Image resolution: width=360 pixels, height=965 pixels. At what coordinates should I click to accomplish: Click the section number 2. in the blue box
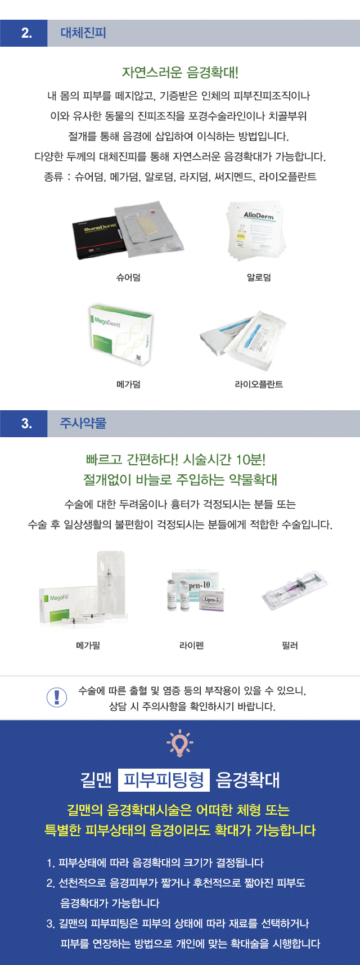tap(26, 33)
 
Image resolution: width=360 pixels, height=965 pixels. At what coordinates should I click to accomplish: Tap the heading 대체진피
tap(83, 33)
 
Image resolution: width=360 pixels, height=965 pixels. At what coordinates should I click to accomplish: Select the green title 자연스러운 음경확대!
tap(180, 73)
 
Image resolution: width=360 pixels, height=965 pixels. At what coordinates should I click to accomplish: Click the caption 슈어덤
tap(128, 277)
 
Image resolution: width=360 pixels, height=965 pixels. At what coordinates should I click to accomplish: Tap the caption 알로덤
tap(259, 277)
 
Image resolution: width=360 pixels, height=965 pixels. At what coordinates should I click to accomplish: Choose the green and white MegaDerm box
tap(121, 335)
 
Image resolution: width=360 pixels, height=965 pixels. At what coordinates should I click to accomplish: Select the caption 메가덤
tap(128, 384)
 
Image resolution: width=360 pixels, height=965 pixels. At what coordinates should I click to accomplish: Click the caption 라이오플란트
tap(259, 384)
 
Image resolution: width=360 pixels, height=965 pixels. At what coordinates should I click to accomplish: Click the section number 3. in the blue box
tap(26, 424)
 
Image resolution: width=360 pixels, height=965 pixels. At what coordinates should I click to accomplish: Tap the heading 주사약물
tap(83, 423)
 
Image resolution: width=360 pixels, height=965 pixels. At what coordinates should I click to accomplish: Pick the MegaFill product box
tap(62, 604)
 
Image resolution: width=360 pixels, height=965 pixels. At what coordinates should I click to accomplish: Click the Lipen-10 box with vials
tap(196, 590)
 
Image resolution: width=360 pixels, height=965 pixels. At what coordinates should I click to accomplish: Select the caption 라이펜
tap(191, 645)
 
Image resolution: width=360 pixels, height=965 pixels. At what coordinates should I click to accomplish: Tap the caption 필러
tap(290, 645)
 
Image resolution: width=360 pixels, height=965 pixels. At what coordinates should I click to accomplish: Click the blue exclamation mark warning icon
tap(56, 697)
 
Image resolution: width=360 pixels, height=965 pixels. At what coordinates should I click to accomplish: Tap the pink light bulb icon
tap(180, 743)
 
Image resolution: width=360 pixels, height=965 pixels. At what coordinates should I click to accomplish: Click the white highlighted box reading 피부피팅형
tap(164, 780)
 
